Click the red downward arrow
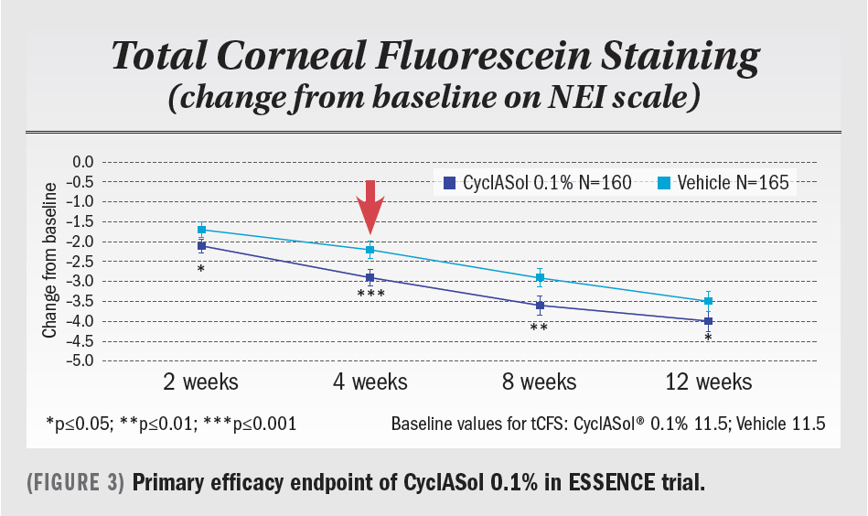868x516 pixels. (370, 207)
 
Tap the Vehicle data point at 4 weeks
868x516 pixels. (370, 250)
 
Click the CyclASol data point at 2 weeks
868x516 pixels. (201, 245)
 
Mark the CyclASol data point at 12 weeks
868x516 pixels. (708, 321)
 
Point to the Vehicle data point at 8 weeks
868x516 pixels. (540, 277)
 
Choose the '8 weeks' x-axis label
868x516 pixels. (539, 382)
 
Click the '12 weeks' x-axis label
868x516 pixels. (708, 382)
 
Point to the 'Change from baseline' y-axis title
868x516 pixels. (51, 262)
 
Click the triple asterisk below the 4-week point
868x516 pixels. (370, 294)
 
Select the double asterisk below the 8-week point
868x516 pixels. (539, 327)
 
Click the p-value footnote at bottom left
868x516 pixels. (170, 424)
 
